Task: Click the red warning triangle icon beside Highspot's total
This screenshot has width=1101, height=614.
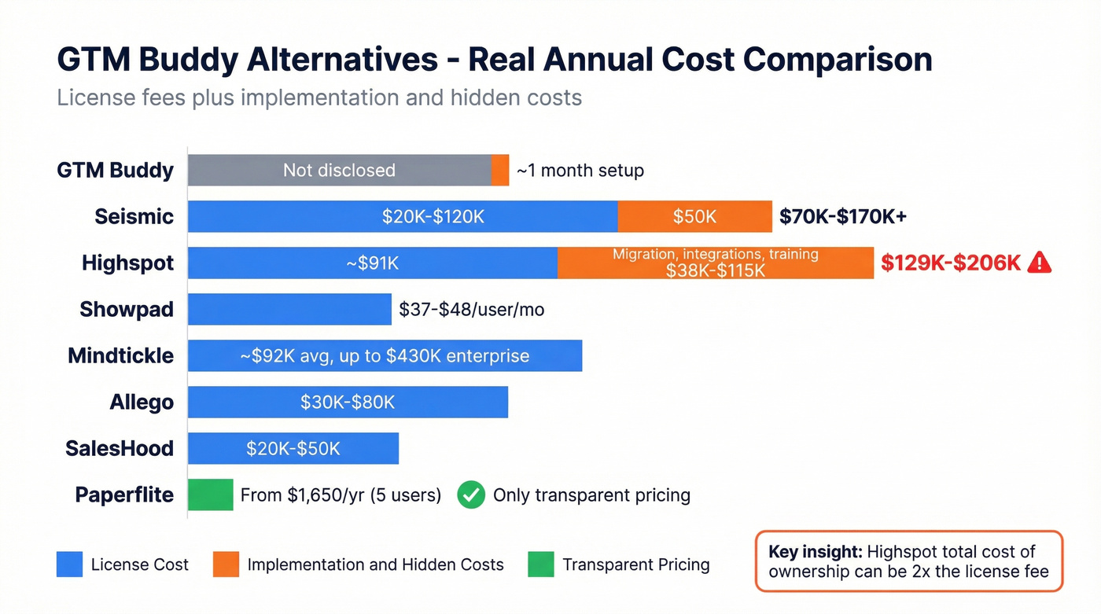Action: (1039, 263)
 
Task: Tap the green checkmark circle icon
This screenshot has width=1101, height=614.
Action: (471, 495)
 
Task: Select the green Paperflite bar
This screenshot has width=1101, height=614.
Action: (210, 495)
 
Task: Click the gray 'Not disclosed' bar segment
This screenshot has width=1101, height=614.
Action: (339, 170)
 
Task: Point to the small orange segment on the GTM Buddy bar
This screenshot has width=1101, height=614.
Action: (500, 170)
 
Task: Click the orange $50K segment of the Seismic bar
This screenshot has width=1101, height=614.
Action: (694, 216)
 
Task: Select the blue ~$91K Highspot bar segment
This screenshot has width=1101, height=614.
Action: (372, 263)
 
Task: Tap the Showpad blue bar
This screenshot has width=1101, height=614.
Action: (289, 309)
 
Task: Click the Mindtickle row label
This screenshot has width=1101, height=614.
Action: (120, 355)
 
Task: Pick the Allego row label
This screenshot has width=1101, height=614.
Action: (142, 403)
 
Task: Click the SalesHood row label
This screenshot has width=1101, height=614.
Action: (120, 448)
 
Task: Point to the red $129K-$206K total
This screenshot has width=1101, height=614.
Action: (950, 263)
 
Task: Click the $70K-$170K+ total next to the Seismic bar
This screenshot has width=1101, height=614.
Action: (842, 216)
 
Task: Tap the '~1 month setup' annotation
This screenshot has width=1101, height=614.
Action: (580, 170)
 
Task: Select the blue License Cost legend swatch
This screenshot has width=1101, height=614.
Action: (69, 564)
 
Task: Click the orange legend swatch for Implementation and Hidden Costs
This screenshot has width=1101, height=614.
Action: (226, 564)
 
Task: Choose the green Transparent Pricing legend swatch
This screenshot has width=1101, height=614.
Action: (541, 564)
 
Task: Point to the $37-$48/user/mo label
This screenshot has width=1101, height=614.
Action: (471, 310)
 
